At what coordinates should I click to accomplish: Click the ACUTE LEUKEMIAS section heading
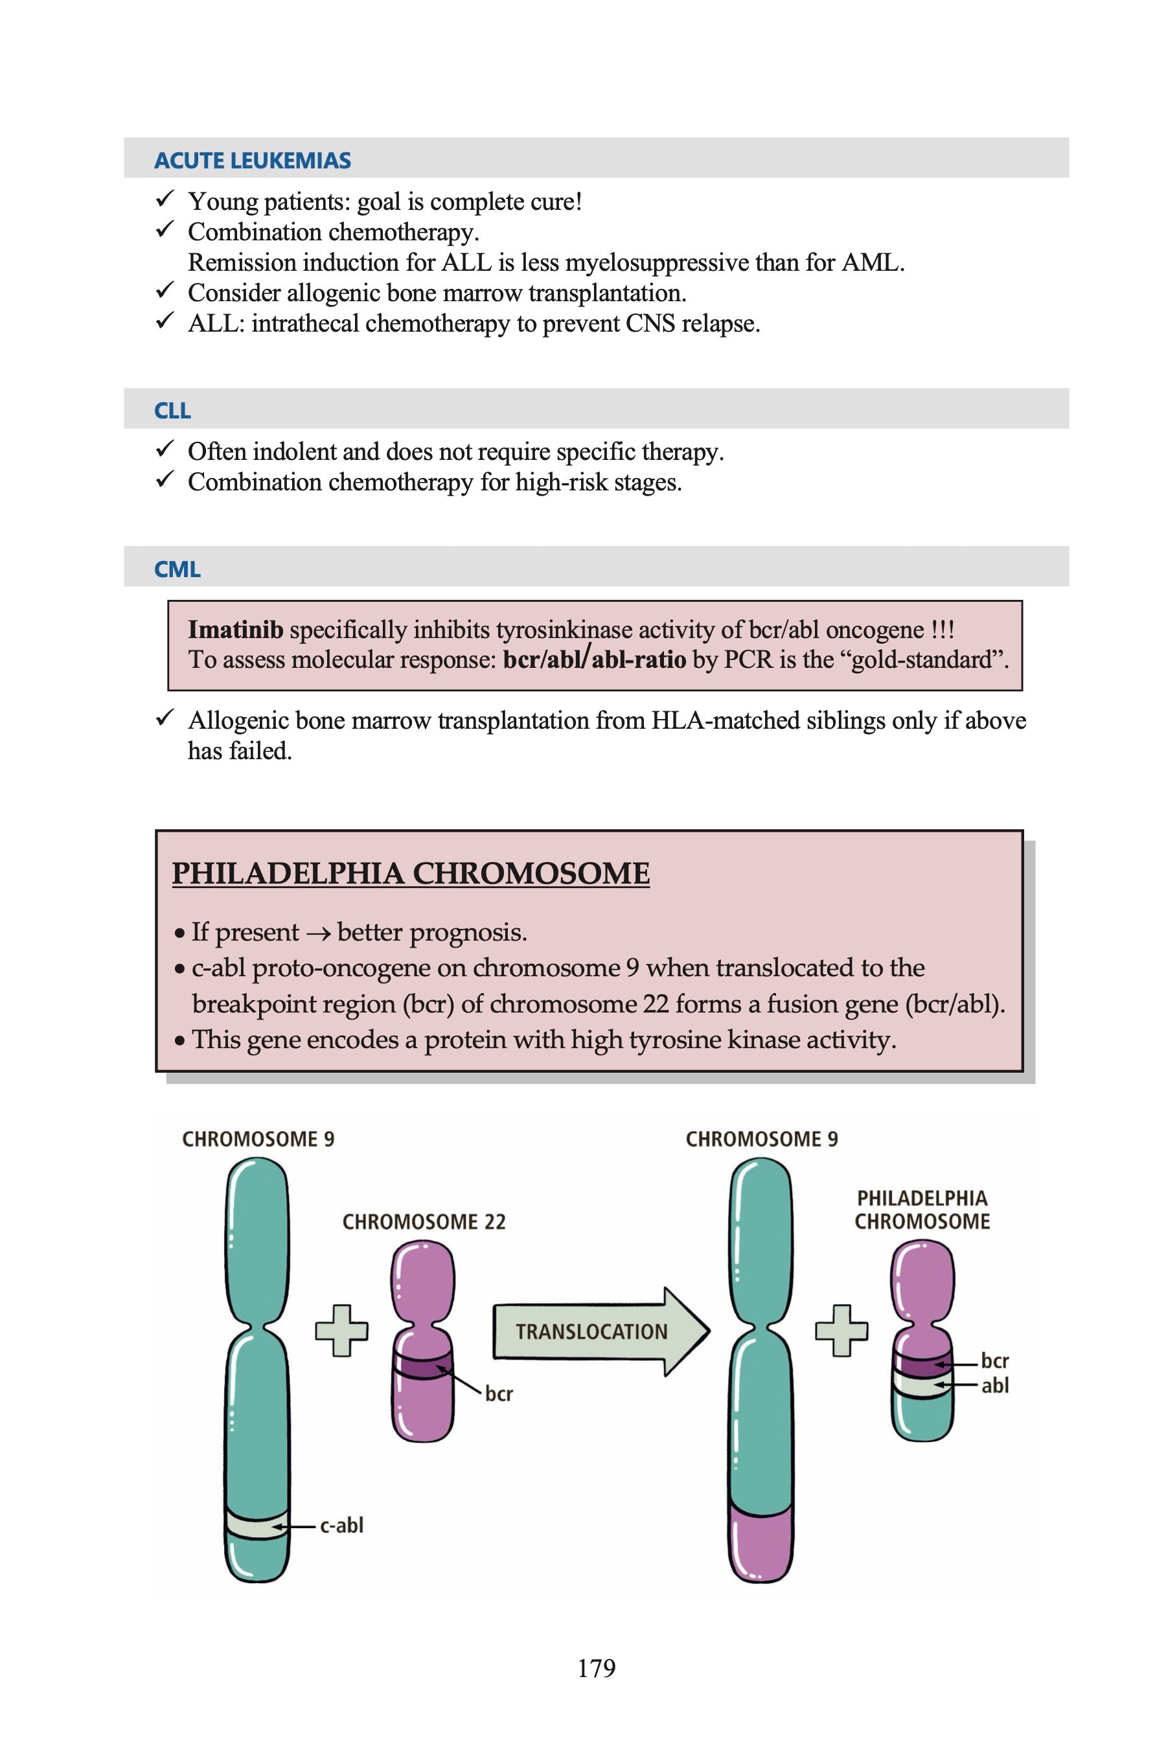[x=252, y=161]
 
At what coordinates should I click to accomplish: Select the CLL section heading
[x=172, y=411]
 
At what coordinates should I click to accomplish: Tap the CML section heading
[x=177, y=569]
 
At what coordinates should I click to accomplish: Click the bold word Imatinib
[x=235, y=630]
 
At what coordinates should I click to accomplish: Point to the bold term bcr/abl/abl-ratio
[x=594, y=659]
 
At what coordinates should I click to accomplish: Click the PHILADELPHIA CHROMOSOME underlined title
[x=411, y=873]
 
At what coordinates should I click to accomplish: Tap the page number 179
[x=597, y=1668]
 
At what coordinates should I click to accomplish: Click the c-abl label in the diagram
[x=341, y=1525]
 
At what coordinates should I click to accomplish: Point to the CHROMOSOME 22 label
[x=424, y=1222]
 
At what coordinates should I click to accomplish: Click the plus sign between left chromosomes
[x=341, y=1331]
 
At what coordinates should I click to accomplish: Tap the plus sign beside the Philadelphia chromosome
[x=841, y=1331]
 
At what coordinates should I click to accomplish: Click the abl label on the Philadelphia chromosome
[x=995, y=1385]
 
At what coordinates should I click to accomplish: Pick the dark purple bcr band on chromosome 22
[x=422, y=1367]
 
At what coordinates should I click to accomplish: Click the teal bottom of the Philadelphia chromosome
[x=922, y=1419]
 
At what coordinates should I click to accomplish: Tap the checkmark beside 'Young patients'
[x=165, y=200]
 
